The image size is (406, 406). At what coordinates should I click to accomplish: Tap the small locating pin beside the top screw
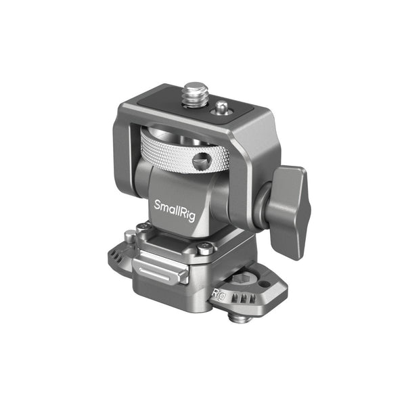[x=220, y=107]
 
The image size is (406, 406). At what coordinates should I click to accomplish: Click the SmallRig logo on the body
[x=175, y=205]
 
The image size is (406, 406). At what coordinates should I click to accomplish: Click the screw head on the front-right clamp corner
[x=204, y=250]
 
